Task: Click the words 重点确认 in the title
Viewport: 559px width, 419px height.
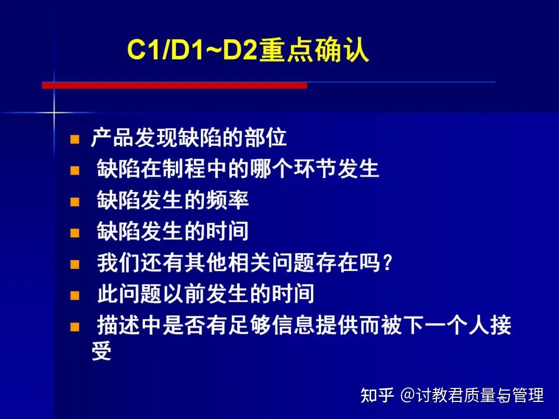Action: (x=314, y=52)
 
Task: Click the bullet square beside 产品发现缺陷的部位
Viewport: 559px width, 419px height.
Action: (x=75, y=139)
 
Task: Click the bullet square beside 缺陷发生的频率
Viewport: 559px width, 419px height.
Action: (x=75, y=201)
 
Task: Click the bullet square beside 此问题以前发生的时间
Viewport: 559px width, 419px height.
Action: (x=75, y=295)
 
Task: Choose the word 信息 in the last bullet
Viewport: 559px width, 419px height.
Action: (x=315, y=326)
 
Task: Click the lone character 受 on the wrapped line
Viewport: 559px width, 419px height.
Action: (x=101, y=352)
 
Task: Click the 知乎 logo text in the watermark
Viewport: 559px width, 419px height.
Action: (x=377, y=395)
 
